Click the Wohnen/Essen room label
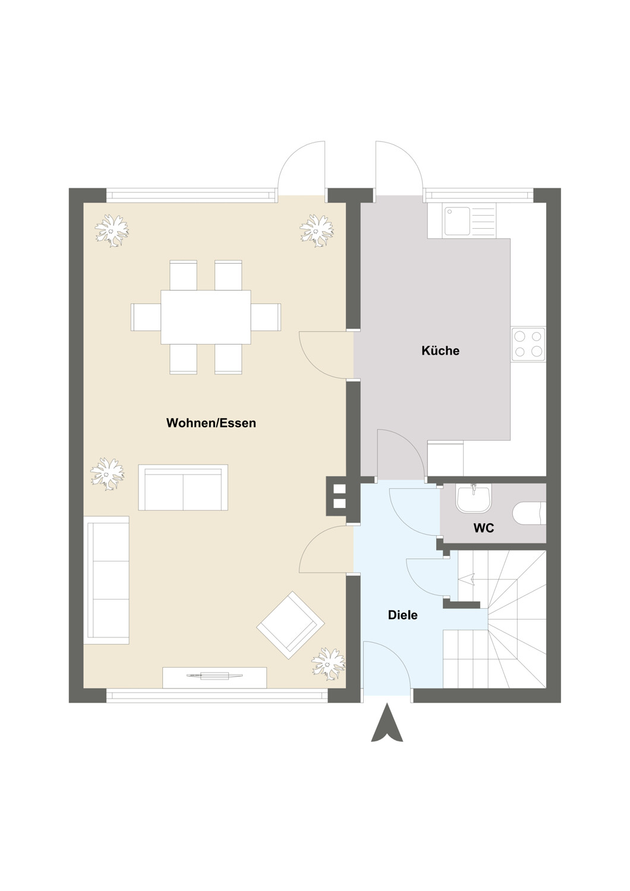[x=211, y=422]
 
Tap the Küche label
[x=440, y=350]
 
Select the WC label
[x=484, y=528]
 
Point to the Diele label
[x=403, y=615]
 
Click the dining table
[x=206, y=317]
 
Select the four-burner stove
[x=528, y=344]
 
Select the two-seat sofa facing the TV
[x=183, y=487]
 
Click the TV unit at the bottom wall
[x=215, y=677]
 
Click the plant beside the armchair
[x=328, y=663]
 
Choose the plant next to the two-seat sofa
[x=107, y=474]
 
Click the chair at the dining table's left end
[x=146, y=317]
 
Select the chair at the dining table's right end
[x=266, y=317]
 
